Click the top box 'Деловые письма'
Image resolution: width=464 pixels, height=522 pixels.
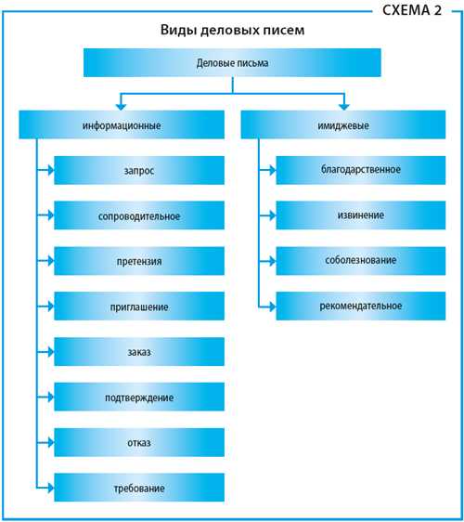click(x=232, y=62)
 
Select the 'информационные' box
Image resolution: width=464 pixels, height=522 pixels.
click(x=122, y=124)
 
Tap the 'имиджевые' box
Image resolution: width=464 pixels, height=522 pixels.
click(x=343, y=124)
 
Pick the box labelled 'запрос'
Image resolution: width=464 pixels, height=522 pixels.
click(x=139, y=170)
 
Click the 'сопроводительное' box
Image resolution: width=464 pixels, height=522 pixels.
click(x=139, y=215)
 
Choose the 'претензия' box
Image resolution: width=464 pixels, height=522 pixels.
click(x=139, y=261)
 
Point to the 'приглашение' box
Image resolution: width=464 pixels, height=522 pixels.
click(x=139, y=306)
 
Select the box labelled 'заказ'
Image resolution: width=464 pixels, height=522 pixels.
click(x=139, y=351)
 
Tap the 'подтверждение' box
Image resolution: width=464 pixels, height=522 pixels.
click(x=139, y=397)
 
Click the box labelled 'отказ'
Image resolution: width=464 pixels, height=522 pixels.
click(x=139, y=442)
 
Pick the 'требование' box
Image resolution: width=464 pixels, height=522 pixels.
click(x=139, y=488)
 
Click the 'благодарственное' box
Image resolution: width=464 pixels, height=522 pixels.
click(x=361, y=170)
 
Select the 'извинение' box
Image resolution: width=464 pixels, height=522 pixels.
click(x=361, y=215)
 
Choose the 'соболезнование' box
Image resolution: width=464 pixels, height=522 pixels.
click(x=361, y=261)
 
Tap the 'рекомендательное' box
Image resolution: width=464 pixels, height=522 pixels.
click(x=361, y=306)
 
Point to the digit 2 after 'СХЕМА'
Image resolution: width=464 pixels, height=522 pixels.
click(x=438, y=10)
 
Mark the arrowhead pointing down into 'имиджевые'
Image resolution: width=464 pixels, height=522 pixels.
click(x=344, y=107)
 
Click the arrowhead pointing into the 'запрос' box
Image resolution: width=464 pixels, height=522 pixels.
click(x=51, y=170)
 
